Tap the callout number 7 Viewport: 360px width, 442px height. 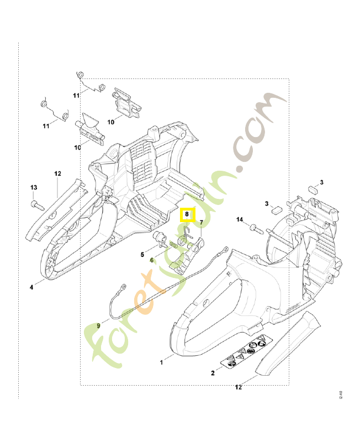[x=201, y=223]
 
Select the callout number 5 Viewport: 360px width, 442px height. [x=142, y=255]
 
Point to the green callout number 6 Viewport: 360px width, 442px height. [x=152, y=259]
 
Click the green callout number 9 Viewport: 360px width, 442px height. [x=99, y=326]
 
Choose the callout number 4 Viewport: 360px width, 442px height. [x=31, y=287]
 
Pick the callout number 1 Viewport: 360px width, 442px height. [x=161, y=363]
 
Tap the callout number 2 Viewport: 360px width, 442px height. [x=213, y=373]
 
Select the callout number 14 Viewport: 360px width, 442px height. [x=240, y=220]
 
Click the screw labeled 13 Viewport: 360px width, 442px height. [x=38, y=206]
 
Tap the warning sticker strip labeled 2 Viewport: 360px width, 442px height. [x=243, y=356]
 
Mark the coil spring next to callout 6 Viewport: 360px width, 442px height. [x=173, y=245]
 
